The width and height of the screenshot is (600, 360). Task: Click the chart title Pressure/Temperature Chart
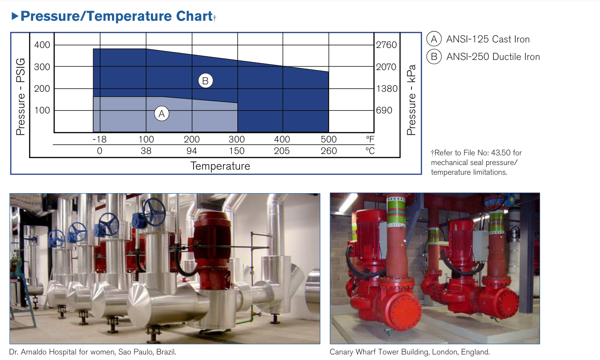coord(117,16)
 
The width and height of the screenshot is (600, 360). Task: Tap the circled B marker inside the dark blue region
coord(206,81)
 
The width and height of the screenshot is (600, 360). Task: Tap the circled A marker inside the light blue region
coord(161,113)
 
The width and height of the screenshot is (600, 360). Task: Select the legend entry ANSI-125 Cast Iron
coord(478,39)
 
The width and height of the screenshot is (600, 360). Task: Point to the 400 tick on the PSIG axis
coord(42,45)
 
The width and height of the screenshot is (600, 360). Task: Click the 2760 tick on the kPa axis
coord(386,45)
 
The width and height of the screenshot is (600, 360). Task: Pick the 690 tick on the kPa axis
coord(384,110)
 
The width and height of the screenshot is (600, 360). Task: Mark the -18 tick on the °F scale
coord(100,139)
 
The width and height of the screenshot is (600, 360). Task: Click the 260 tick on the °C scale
coord(329,151)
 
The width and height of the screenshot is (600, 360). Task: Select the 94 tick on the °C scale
coord(192,151)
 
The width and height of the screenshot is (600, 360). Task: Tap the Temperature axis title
coord(220,166)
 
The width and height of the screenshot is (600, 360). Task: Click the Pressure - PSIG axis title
coord(21,97)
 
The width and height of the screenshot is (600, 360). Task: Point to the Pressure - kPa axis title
coord(411,100)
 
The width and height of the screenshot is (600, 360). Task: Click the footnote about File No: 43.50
coord(476,162)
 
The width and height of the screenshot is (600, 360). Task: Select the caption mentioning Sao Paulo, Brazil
coord(93,352)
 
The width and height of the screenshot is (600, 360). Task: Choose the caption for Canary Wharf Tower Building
coord(410,352)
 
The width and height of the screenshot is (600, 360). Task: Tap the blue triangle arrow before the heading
coord(15,16)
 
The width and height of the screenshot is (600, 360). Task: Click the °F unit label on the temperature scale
coord(370,139)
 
